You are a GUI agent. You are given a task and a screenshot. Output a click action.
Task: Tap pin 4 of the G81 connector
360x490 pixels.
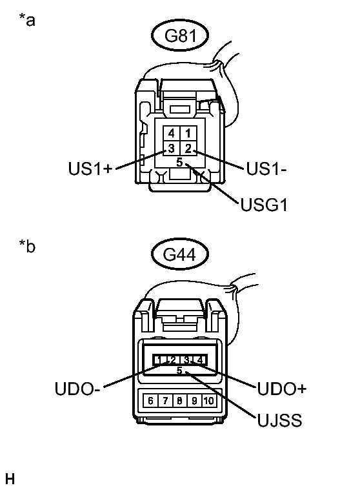point(172,133)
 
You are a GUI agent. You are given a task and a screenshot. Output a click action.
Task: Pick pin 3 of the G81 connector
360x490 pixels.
point(172,148)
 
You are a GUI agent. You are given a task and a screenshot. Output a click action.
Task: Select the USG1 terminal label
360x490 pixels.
point(263,206)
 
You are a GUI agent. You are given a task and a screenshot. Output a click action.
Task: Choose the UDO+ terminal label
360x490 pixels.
point(281,389)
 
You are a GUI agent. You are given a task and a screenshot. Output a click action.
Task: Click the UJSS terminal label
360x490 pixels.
point(279,422)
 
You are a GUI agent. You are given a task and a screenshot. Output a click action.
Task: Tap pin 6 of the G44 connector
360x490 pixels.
point(151,400)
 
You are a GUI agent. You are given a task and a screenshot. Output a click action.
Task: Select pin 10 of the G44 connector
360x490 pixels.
point(208,400)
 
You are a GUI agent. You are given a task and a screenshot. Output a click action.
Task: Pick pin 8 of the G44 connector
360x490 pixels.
point(179,400)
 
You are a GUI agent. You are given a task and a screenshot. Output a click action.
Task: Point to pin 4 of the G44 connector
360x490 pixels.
point(200,360)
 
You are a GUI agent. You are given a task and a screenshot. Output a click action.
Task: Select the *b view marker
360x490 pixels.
point(27,247)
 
